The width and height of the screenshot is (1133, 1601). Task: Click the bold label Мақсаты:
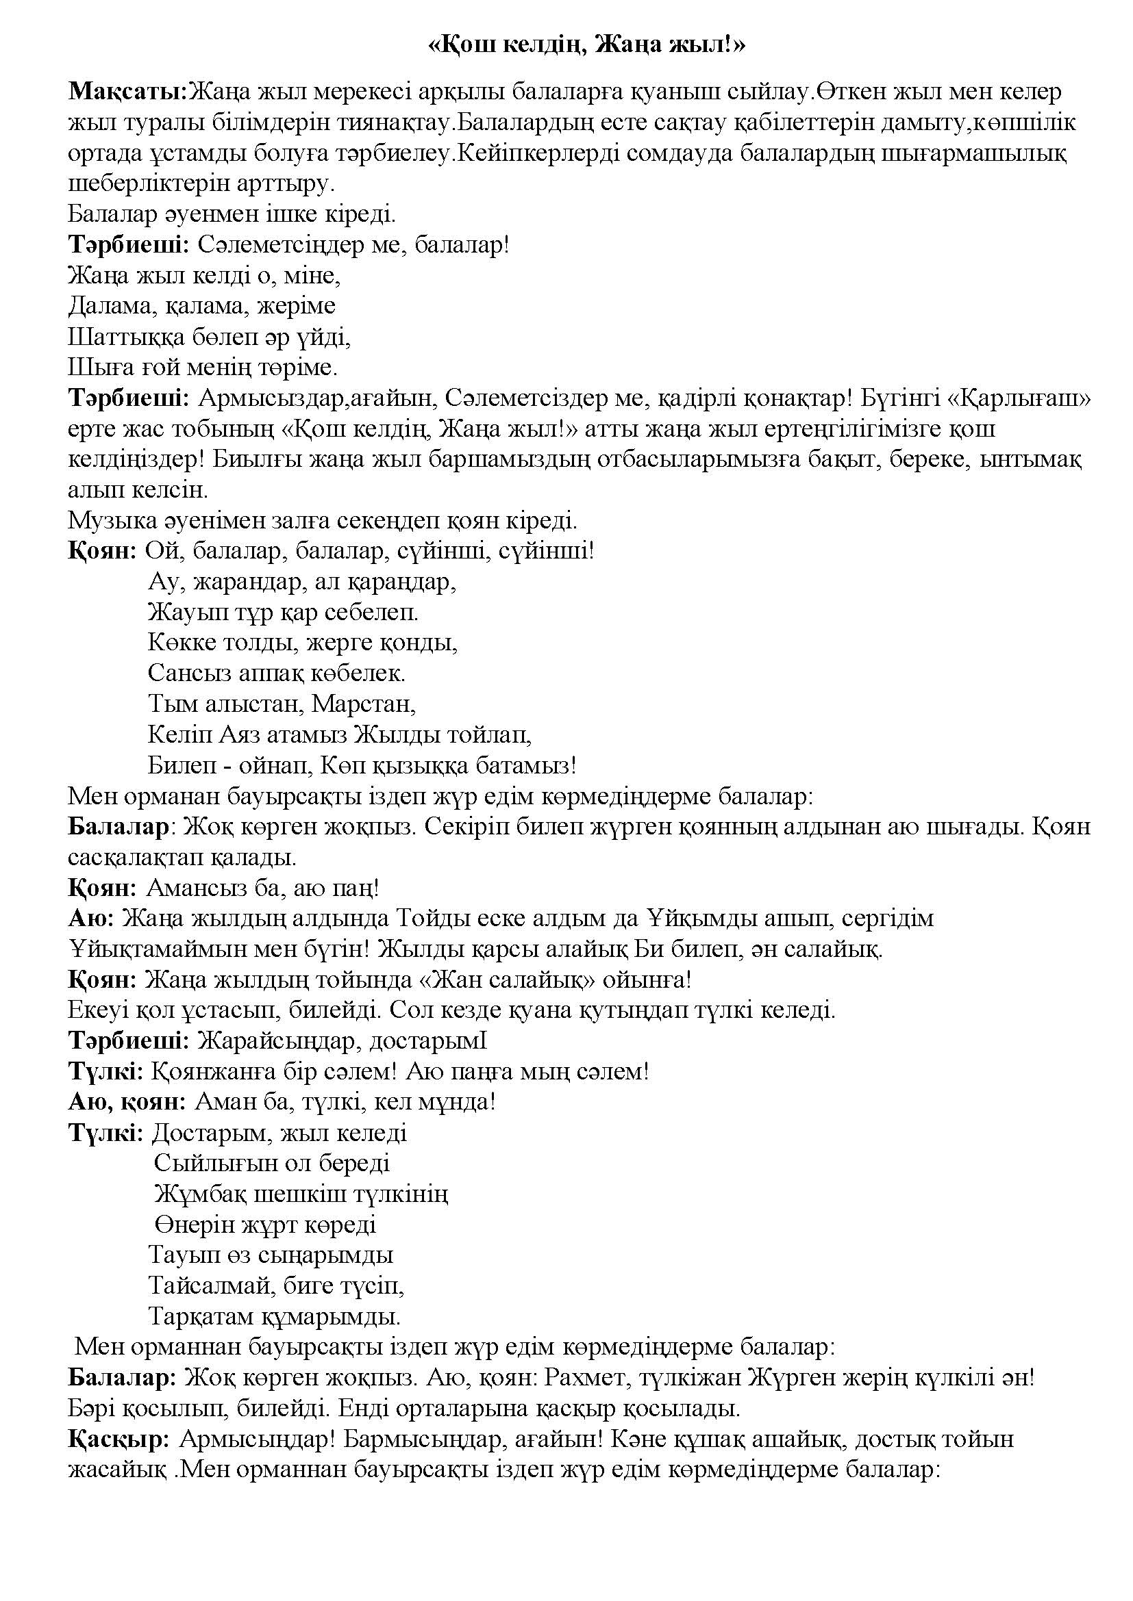(128, 92)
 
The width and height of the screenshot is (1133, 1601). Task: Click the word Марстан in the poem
(364, 704)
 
